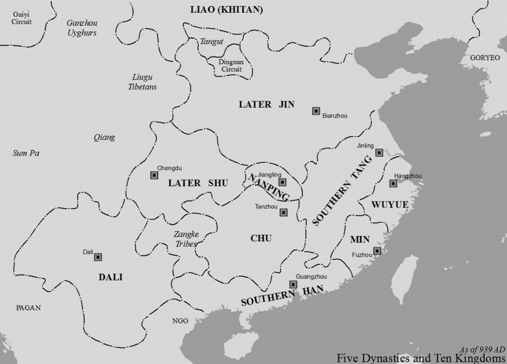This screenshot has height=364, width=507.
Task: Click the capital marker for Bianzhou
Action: [316, 111]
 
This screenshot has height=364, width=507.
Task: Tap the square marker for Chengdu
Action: [154, 175]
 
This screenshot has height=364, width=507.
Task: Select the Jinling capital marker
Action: [379, 152]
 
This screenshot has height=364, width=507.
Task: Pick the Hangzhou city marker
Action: [393, 183]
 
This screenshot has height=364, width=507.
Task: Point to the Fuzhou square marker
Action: [377, 251]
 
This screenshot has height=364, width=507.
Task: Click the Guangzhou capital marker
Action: [293, 284]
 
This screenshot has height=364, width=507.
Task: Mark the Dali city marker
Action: [98, 256]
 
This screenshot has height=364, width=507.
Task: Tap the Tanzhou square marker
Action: [283, 212]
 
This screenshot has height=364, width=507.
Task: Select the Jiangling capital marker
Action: [282, 182]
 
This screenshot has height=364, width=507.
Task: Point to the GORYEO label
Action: [485, 58]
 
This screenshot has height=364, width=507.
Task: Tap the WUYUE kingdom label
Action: [390, 205]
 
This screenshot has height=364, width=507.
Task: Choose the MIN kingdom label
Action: [360, 240]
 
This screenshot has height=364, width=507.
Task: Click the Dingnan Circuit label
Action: [230, 65]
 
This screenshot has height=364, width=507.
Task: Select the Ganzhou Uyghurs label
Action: [82, 28]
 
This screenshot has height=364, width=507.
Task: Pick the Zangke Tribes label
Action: [186, 239]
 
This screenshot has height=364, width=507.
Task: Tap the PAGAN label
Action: [28, 308]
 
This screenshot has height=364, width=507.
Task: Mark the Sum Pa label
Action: [26, 153]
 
